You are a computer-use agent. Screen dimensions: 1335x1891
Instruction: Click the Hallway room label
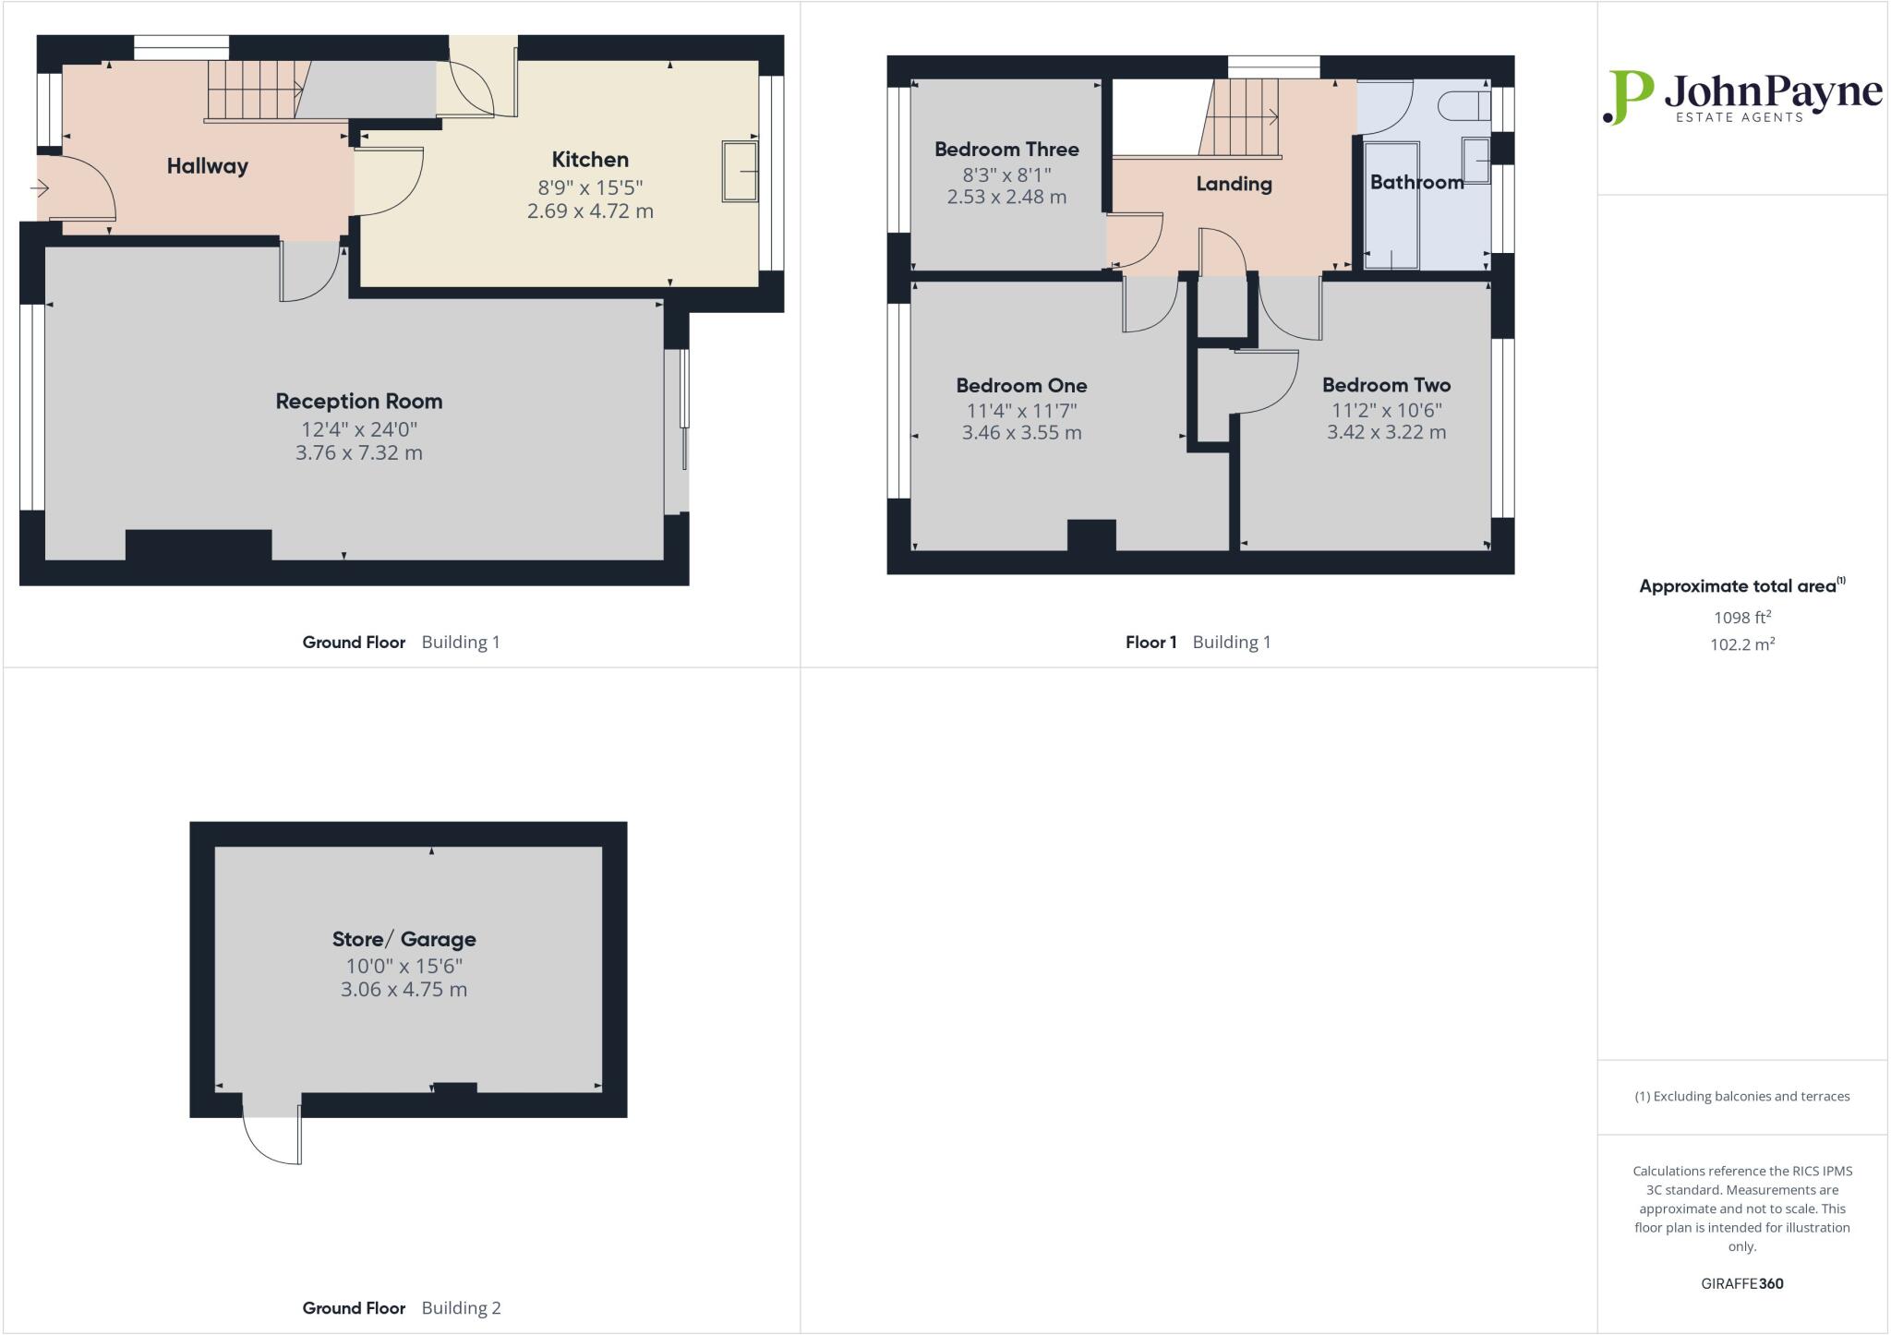coord(207,166)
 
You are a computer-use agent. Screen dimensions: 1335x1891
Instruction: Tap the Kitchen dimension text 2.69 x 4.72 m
coord(590,211)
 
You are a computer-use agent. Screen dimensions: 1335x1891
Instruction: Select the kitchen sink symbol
coord(740,171)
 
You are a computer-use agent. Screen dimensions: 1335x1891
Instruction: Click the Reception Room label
coord(358,402)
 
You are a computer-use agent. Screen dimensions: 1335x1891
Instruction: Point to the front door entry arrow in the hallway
coord(40,189)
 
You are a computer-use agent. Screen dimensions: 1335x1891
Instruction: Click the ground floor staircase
coord(253,90)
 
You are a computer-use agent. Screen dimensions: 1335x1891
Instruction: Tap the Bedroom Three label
coord(1006,150)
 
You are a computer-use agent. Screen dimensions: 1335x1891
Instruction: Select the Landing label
coord(1234,184)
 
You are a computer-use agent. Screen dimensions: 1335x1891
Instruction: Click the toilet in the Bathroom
coord(1468,105)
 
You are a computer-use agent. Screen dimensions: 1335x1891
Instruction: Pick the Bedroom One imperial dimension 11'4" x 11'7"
coord(1021,411)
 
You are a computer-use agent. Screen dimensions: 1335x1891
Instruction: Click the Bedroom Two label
coord(1386,385)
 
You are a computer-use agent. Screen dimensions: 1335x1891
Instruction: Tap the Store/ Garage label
coord(403,939)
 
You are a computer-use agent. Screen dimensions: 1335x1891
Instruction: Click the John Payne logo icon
coord(1627,97)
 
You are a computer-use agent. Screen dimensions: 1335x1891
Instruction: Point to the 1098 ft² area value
coord(1741,618)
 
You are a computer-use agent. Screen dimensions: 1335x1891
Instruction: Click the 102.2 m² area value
coord(1741,644)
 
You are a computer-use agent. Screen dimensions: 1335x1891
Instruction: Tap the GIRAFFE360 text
coord(1741,1283)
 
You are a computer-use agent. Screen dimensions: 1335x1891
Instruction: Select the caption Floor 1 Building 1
coord(1198,642)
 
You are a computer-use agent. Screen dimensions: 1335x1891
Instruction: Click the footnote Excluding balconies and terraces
coord(1741,1097)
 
